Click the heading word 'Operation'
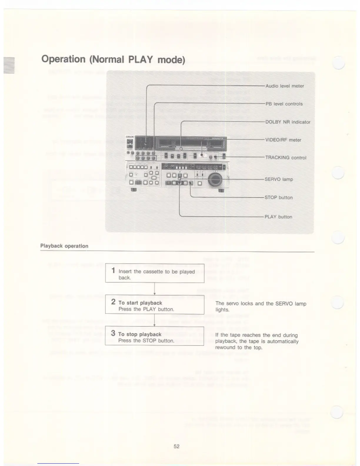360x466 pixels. click(x=63, y=59)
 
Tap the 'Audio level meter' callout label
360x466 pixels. click(x=284, y=86)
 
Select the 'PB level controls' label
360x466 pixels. click(x=284, y=104)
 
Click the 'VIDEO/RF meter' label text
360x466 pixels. click(x=283, y=140)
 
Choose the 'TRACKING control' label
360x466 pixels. click(x=286, y=158)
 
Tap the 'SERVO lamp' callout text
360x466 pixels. click(x=279, y=179)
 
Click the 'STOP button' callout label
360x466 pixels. click(x=278, y=197)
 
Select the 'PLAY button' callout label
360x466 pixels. click(x=278, y=217)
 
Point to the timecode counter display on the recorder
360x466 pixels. click(x=207, y=167)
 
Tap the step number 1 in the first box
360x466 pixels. click(x=113, y=270)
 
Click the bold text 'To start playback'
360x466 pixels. click(x=140, y=303)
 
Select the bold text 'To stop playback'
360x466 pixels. click(x=140, y=334)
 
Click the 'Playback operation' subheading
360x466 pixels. click(x=64, y=246)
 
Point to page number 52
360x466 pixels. click(x=176, y=446)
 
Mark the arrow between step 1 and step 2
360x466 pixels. click(x=154, y=289)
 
